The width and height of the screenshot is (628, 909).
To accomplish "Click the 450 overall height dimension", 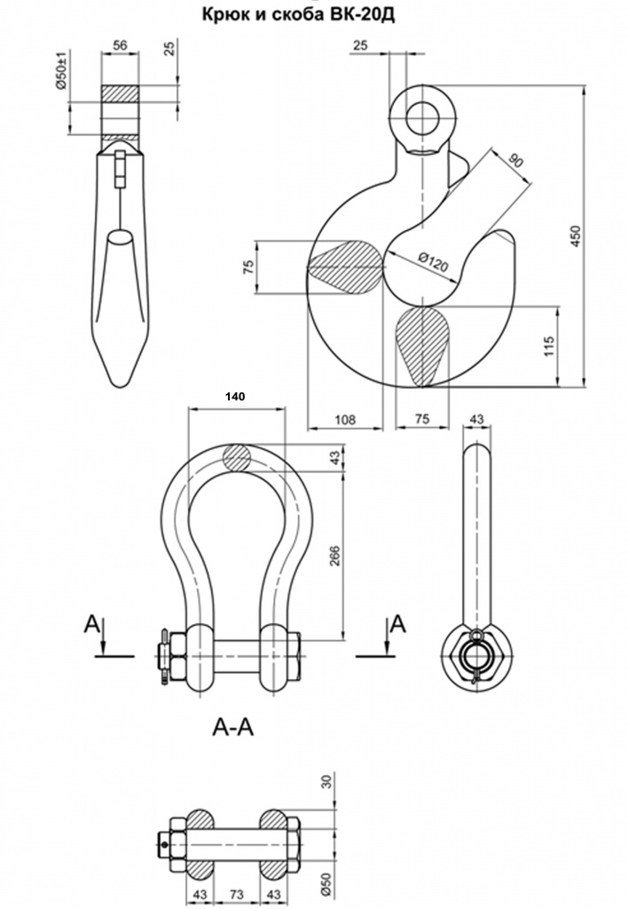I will click(x=576, y=235).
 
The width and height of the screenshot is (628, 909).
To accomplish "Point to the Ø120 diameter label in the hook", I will click(x=433, y=263).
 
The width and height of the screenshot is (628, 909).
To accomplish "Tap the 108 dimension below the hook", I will click(x=343, y=419).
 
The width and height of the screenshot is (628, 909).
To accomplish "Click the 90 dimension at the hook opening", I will click(x=514, y=160).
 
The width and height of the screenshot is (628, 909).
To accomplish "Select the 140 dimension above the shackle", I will click(x=235, y=398).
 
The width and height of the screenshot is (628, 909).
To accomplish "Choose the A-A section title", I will click(x=233, y=728).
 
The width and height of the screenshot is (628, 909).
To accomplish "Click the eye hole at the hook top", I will click(x=421, y=116).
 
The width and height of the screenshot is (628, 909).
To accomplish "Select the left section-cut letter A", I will click(x=92, y=625).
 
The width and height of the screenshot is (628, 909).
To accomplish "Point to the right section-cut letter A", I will click(x=399, y=624).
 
